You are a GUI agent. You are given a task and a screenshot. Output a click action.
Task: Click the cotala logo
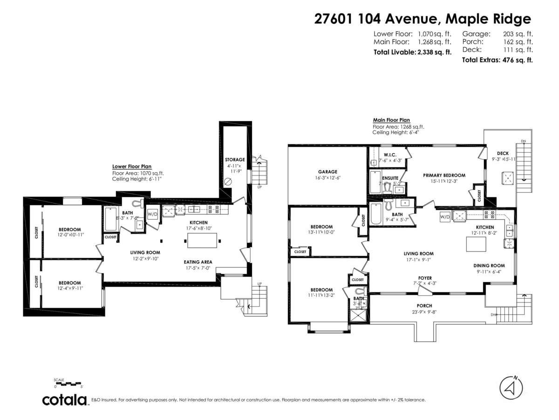pos(65,400)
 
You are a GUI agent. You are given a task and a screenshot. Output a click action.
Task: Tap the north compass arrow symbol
pos(511,387)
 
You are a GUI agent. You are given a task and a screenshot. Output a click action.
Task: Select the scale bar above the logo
pos(68,384)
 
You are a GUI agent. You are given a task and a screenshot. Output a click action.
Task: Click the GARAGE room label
pos(328,172)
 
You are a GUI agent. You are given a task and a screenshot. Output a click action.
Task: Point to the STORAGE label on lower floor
pos(235,160)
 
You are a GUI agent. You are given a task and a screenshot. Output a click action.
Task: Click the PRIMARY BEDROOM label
pos(444,175)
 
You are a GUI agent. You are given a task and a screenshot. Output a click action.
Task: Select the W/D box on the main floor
pos(445,217)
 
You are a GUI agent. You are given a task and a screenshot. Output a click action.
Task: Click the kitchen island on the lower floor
pos(203,240)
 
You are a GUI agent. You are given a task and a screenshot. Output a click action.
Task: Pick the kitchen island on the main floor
pos(476,244)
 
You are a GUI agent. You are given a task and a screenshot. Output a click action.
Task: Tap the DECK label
pos(503,153)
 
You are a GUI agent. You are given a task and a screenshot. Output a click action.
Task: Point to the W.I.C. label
pos(390,154)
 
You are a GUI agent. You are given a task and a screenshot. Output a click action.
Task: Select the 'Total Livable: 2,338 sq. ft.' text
pos(412,52)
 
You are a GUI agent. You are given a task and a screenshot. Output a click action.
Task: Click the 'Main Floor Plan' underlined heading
pos(391,120)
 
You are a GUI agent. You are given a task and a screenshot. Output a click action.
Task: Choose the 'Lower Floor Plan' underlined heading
pos(132,166)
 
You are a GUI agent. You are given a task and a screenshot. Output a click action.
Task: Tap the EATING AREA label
pos(198,262)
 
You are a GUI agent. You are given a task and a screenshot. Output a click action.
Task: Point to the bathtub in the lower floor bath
pos(111,219)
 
